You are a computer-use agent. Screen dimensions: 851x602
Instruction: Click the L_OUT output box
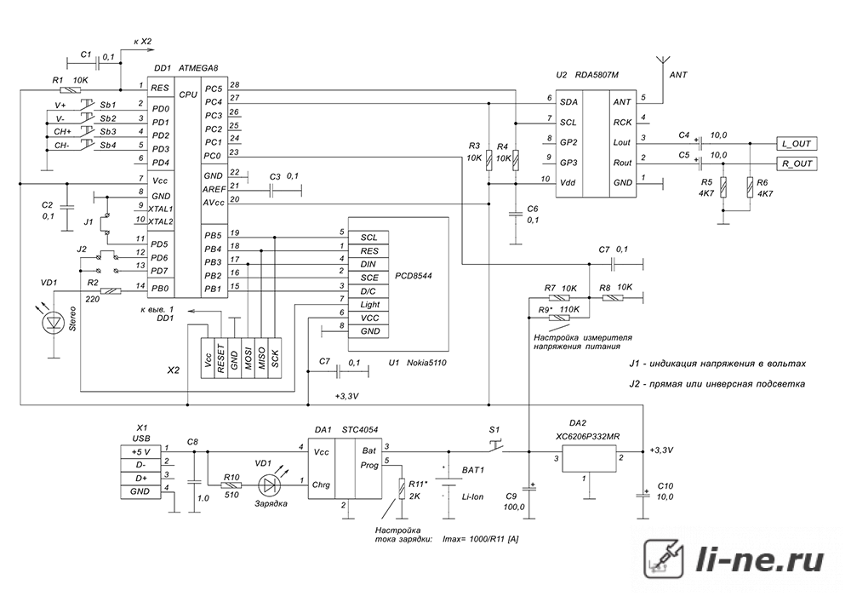tap(797, 144)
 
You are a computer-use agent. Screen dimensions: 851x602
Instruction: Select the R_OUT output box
tap(797, 163)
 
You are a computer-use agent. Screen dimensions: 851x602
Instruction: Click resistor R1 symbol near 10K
tap(70, 90)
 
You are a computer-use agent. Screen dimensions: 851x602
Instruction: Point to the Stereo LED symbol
tap(54, 322)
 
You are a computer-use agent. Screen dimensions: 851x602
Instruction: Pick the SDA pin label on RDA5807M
tap(568, 101)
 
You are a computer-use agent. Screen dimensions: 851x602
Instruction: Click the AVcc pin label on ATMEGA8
tap(213, 202)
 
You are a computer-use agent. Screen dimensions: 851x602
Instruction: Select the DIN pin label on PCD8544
tap(369, 264)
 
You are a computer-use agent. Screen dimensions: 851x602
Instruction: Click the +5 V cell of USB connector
tap(140, 451)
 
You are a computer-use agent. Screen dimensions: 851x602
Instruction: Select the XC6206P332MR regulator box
tap(590, 459)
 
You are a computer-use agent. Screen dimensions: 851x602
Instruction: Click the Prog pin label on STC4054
tap(369, 465)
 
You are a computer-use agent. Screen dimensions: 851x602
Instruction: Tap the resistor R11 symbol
tap(402, 489)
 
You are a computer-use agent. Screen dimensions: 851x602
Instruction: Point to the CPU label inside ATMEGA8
tap(188, 95)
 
